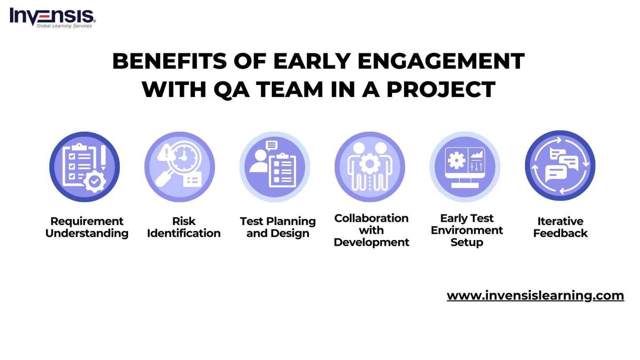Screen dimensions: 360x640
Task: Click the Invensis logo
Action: [x=52, y=17]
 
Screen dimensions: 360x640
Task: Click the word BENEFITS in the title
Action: [x=169, y=61]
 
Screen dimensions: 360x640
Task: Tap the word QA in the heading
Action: [x=231, y=90]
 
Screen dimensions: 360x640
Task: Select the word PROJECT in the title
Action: [x=441, y=90]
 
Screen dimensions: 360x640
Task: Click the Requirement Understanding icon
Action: [x=85, y=167]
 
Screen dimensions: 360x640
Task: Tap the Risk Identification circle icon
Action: [x=180, y=167]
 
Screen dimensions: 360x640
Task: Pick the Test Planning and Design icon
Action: [x=275, y=167]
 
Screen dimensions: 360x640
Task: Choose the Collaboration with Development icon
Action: [x=370, y=167]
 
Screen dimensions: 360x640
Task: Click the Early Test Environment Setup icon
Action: [x=465, y=167]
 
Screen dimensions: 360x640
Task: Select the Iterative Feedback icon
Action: [x=560, y=166]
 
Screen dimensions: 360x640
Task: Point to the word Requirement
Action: [x=87, y=221]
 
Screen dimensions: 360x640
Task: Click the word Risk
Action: [x=184, y=221]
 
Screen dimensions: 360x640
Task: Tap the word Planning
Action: [x=291, y=221]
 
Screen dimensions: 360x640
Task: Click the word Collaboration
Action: [x=371, y=218]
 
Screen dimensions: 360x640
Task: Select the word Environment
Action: [x=467, y=230]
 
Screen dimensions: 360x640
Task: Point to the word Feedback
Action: [x=560, y=233]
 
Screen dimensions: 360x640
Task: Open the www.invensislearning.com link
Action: [x=535, y=295]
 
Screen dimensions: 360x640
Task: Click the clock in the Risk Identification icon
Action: [x=182, y=157]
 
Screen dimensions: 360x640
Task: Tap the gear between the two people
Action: [x=370, y=164]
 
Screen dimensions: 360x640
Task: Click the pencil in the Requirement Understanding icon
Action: [x=103, y=157]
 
